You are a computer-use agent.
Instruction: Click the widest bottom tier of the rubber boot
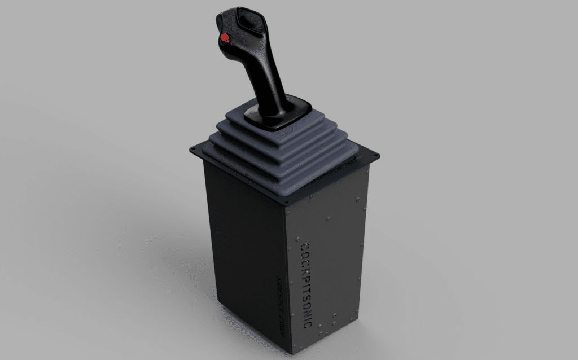tap(282, 169)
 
